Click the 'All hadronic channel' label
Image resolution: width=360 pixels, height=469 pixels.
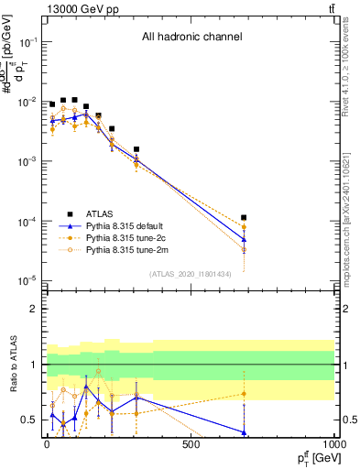191,38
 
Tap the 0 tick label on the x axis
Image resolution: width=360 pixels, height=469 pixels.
47,446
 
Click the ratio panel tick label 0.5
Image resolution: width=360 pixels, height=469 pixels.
28,420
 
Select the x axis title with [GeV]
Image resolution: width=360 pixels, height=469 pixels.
312,458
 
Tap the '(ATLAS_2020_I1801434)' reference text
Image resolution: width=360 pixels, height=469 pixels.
191,274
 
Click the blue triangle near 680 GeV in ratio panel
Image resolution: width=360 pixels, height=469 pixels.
244,431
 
